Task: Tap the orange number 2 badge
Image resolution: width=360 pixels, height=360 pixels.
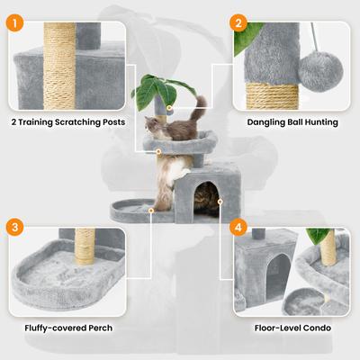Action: point(238,22)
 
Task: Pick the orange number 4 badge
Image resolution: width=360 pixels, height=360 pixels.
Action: point(238,227)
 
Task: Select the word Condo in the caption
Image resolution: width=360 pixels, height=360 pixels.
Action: point(314,328)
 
